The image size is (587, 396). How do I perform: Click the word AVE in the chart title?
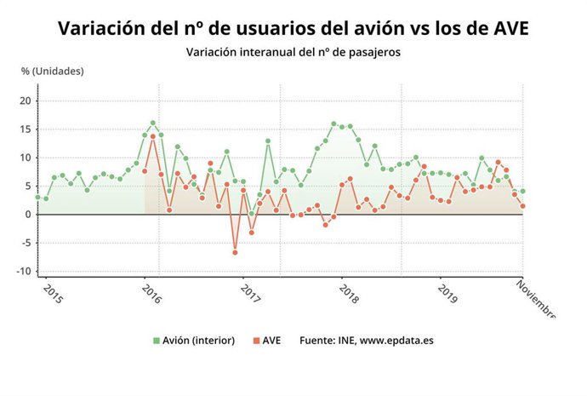point(504,28)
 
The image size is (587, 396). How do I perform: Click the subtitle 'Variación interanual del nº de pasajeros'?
point(293,51)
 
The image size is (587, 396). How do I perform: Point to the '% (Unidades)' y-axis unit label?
point(53,71)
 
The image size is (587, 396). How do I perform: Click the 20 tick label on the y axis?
point(26,100)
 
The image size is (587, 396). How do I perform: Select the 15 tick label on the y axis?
point(26,129)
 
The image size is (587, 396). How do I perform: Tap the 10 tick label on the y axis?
point(26,158)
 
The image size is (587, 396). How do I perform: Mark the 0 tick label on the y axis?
point(28,215)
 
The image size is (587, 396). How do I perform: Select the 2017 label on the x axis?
point(250,292)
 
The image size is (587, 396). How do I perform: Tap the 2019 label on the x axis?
point(447,292)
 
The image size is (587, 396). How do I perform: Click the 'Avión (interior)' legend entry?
point(195,340)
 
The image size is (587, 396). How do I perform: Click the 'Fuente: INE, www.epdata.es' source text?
point(367,340)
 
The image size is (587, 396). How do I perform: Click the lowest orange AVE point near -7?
point(235,252)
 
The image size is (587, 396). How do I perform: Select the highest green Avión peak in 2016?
point(153,123)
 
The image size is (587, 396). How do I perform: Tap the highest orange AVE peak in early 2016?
point(153,136)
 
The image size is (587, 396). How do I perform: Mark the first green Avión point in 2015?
point(37,197)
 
